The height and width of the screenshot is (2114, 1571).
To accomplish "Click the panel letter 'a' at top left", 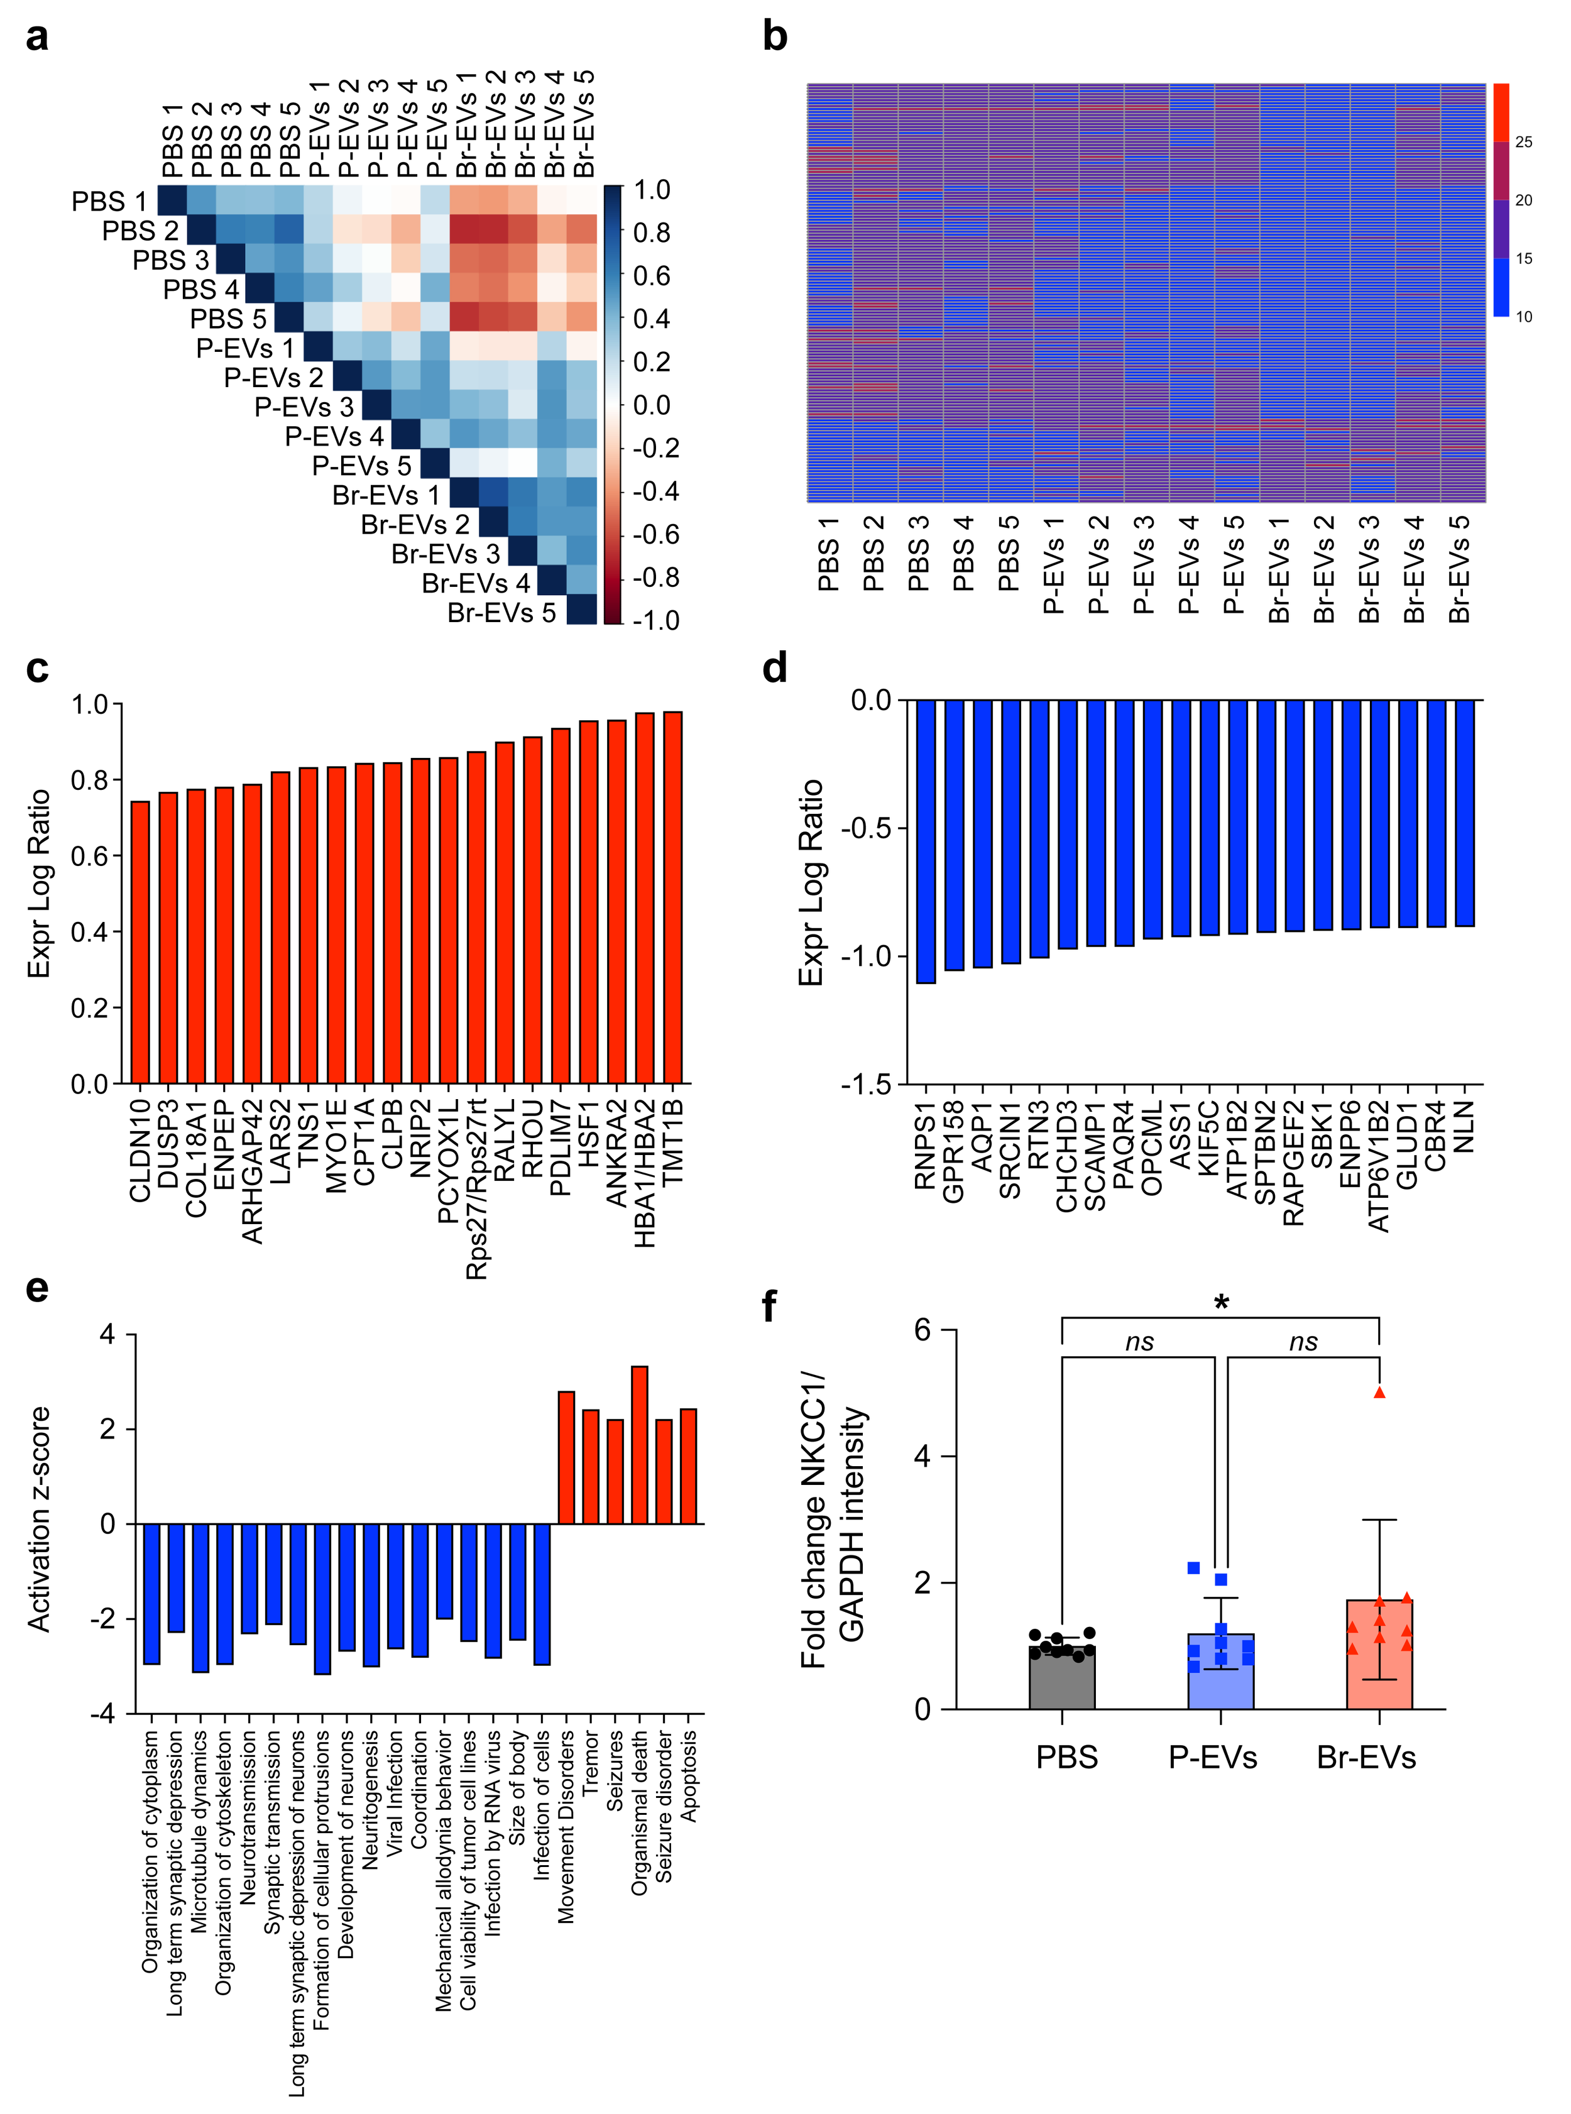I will click(x=36, y=38).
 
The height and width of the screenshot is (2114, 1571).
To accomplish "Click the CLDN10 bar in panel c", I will click(x=140, y=941).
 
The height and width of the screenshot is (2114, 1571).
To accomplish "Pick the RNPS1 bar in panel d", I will click(x=925, y=841).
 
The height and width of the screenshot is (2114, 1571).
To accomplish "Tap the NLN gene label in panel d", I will click(x=1465, y=1127).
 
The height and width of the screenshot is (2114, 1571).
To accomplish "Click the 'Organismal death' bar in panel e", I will click(x=640, y=1445).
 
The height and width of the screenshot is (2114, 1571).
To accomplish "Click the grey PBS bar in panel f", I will click(x=1061, y=1679).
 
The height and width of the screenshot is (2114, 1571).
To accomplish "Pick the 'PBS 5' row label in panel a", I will click(x=228, y=319).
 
